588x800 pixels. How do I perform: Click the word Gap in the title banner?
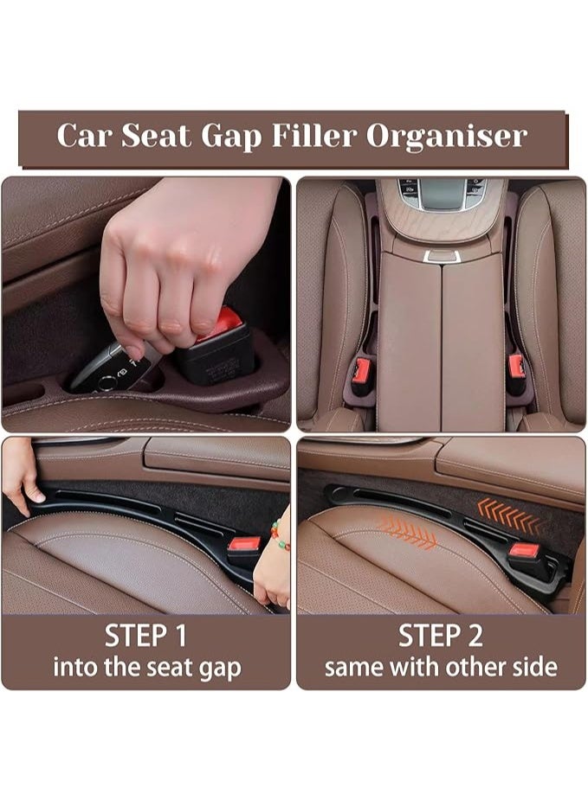[x=232, y=137]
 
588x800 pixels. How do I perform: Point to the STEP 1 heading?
[x=146, y=636]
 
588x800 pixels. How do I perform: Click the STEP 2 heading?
[x=441, y=636]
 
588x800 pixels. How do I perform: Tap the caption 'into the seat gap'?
[x=146, y=668]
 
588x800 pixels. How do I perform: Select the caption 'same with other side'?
[x=441, y=668]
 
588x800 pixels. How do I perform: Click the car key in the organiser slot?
[x=108, y=368]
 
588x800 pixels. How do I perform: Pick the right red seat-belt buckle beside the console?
[x=517, y=367]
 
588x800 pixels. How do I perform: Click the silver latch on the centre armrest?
[x=442, y=256]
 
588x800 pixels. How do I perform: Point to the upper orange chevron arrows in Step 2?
[x=508, y=515]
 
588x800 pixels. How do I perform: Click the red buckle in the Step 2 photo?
[x=524, y=550]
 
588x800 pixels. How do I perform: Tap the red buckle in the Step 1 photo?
[x=244, y=545]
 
